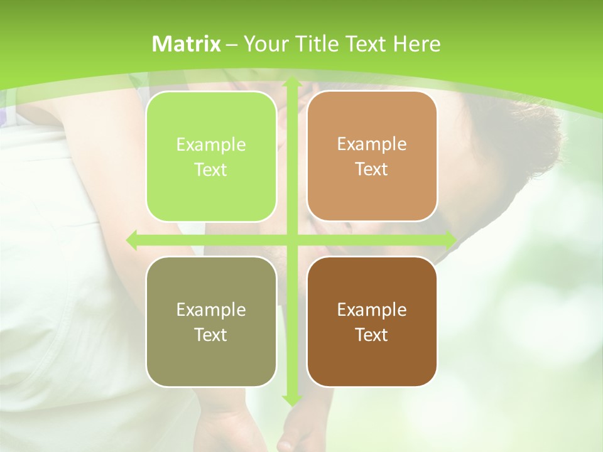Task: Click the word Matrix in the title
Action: [187, 44]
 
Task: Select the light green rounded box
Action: [211, 157]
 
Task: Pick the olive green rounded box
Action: [211, 322]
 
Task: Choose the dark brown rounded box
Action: [372, 322]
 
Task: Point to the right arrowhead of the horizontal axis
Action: [450, 240]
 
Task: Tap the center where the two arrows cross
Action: [291, 240]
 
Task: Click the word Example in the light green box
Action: [211, 145]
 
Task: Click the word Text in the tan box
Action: [372, 169]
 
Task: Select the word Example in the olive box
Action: [211, 310]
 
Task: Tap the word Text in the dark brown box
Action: [372, 335]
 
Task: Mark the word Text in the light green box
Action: [211, 170]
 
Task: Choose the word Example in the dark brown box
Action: [372, 310]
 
